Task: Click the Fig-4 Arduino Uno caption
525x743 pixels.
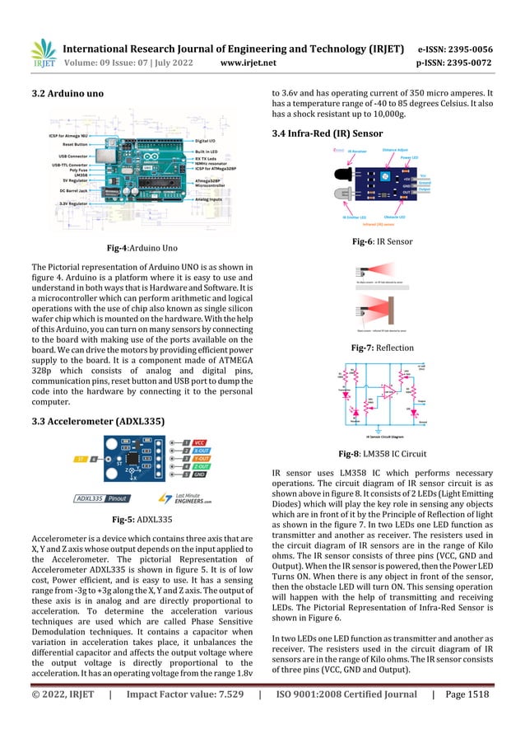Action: pos(139,248)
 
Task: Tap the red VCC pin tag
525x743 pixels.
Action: pos(198,442)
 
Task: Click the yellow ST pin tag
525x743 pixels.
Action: pos(81,458)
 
